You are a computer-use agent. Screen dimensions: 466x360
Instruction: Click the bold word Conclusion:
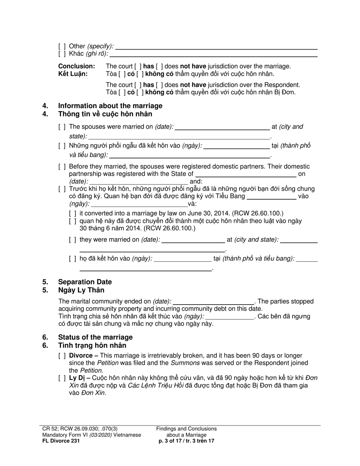(x=77, y=66)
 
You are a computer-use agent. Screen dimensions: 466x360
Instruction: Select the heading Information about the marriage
(x=110, y=106)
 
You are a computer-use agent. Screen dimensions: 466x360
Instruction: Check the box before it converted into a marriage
(x=73, y=214)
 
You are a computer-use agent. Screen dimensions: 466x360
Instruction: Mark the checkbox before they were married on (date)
(x=73, y=240)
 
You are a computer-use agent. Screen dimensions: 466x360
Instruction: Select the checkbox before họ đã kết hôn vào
(x=73, y=259)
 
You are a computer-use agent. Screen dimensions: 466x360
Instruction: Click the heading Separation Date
(x=85, y=282)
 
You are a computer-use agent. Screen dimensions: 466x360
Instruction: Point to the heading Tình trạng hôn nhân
(x=92, y=346)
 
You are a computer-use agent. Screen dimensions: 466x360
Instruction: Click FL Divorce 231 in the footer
(x=61, y=441)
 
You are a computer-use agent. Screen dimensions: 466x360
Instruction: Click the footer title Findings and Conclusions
(x=186, y=429)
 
